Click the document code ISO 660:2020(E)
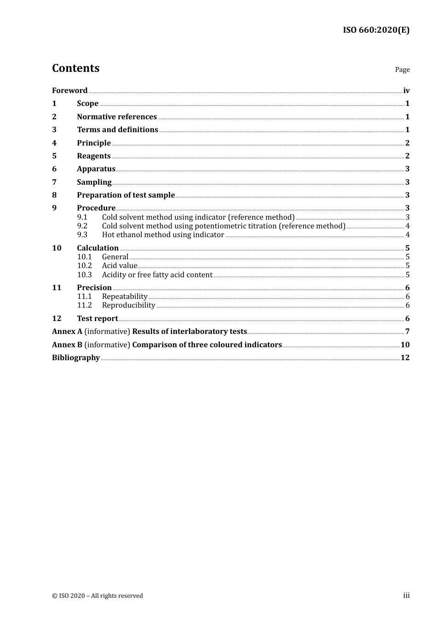(x=376, y=30)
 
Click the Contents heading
(x=75, y=68)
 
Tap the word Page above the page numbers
(x=402, y=70)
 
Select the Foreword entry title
(x=69, y=91)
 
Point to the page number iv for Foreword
(x=406, y=91)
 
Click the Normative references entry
(x=117, y=117)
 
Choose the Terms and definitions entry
(x=117, y=130)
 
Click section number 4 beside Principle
(x=54, y=143)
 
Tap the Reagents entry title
(x=94, y=156)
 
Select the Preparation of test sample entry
(x=126, y=195)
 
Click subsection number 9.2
(x=82, y=226)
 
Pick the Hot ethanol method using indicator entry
(x=163, y=235)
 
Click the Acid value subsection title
(x=120, y=266)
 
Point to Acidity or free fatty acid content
(x=157, y=275)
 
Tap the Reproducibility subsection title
(x=128, y=305)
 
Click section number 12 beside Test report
(x=57, y=319)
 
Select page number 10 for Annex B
(x=405, y=345)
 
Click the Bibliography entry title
(x=76, y=358)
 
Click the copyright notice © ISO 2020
(x=97, y=596)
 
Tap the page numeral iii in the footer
(x=406, y=596)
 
